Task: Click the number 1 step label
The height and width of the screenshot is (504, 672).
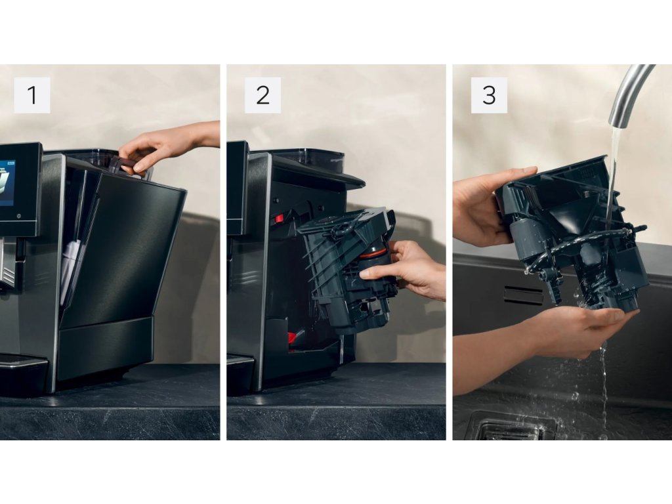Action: (32, 95)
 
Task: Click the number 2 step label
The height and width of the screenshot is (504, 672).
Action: (262, 95)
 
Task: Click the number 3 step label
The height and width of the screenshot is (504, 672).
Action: (489, 95)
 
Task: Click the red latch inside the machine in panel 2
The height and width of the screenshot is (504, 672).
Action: (279, 219)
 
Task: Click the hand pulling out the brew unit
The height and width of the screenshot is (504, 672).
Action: (407, 268)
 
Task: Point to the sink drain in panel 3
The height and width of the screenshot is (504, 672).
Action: (510, 427)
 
